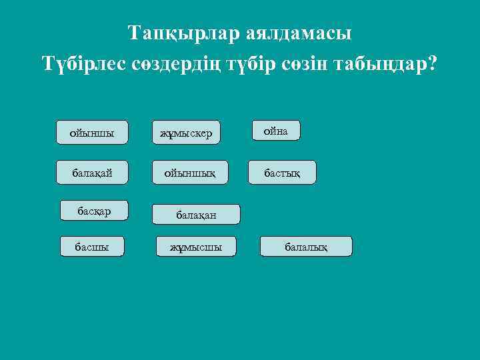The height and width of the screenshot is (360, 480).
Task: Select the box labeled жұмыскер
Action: coord(186,133)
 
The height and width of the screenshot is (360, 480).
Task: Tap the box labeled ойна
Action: coord(276,131)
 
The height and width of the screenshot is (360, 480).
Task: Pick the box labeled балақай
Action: coord(92,173)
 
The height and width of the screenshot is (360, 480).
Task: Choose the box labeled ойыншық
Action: coord(190,173)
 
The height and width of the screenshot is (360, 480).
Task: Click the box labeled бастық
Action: coord(281,173)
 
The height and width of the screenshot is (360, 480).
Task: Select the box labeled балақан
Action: coord(196,215)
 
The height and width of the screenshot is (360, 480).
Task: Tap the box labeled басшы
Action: coord(91,247)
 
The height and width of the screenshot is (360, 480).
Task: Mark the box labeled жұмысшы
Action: coord(195,247)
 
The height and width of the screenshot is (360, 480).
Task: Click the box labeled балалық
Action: coord(306,247)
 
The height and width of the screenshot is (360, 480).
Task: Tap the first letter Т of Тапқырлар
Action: coord(134,33)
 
